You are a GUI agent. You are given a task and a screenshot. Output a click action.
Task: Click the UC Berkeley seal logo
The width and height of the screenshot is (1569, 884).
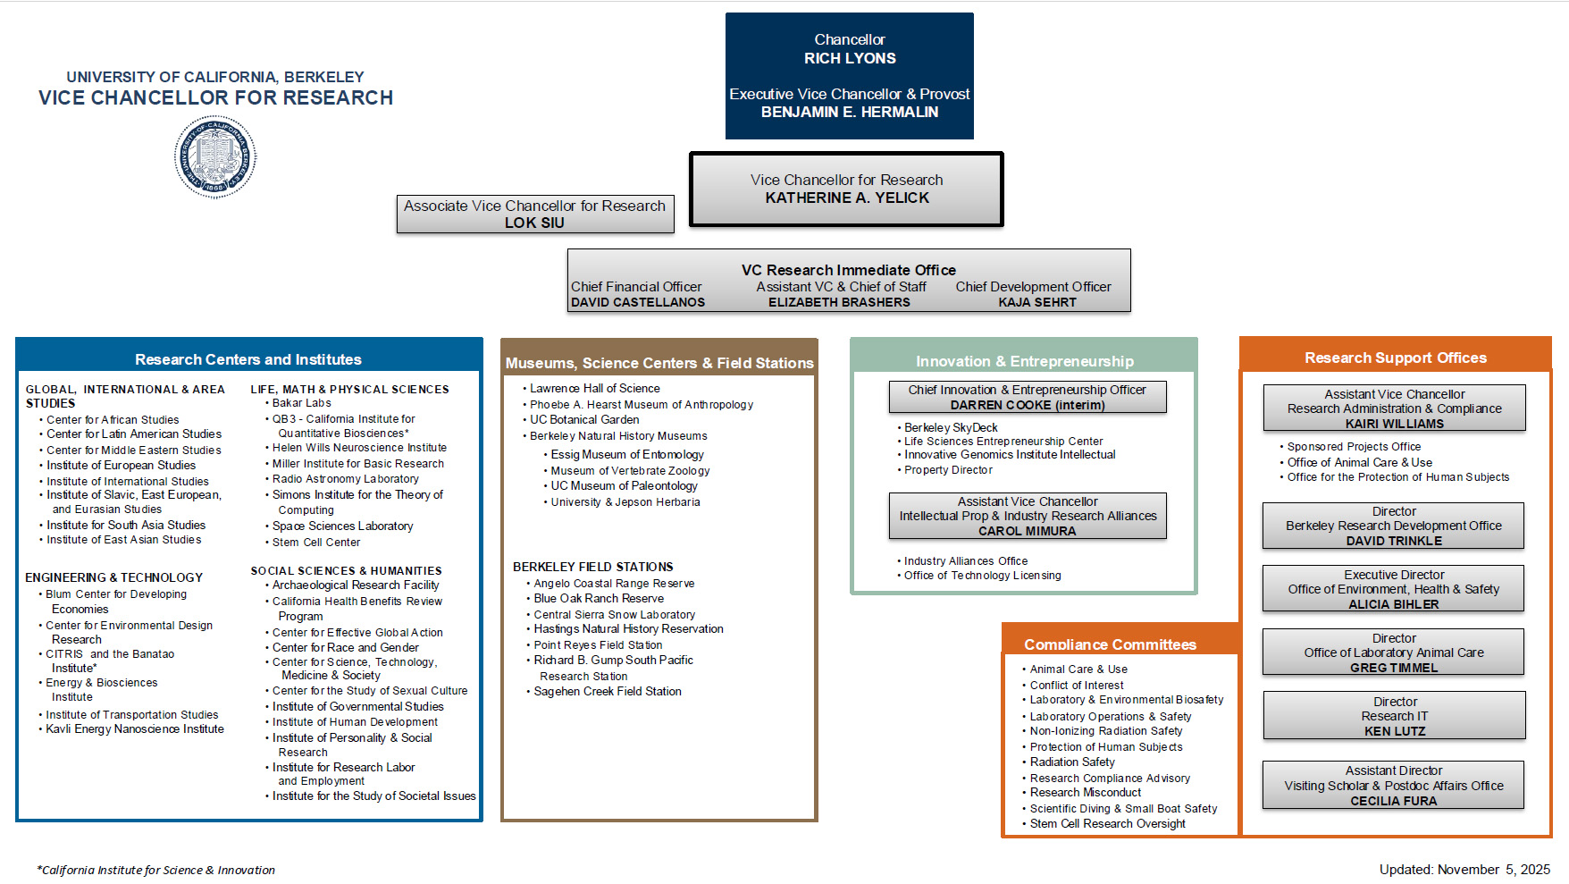pos(215,156)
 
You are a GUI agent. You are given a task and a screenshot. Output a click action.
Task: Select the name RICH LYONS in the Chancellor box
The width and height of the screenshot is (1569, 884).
pos(849,59)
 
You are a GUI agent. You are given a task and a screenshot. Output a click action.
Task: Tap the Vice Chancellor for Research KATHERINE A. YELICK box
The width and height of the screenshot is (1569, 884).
pos(846,189)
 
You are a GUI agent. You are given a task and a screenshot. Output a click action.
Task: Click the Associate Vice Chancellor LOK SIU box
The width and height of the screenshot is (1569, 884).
pos(534,215)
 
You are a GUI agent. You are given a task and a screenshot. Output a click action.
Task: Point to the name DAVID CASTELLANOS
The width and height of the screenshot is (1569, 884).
pos(638,303)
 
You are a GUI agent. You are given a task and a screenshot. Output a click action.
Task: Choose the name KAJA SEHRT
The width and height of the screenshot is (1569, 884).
pos(1036,303)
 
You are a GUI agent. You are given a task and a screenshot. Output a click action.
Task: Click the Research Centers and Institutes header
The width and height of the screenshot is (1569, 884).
pos(248,359)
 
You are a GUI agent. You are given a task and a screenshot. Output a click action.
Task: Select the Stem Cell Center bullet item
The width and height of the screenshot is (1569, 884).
pos(316,543)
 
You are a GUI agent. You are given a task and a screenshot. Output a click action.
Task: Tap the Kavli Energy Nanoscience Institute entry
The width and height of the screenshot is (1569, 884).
pos(135,729)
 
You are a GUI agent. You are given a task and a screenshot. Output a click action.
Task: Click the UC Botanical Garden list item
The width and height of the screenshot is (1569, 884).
pos(584,420)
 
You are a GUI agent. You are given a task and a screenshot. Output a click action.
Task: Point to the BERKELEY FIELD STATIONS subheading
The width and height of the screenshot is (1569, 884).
pos(592,567)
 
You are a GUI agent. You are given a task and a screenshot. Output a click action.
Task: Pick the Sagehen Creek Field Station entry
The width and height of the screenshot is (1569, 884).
pos(608,692)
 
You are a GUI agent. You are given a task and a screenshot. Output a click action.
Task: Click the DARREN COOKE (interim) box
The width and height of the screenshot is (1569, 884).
pos(1028,398)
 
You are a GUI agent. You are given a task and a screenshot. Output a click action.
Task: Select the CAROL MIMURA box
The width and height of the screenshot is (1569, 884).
pos(1028,517)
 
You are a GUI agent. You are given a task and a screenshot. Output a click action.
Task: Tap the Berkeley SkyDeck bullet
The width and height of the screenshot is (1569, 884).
pos(951,428)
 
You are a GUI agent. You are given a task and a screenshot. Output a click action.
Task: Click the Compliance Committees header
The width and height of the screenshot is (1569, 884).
pos(1110,644)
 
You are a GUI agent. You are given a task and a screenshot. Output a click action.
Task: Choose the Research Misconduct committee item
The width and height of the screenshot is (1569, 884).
pos(1086,793)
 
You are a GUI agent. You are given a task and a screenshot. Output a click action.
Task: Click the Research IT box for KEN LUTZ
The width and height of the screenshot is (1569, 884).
pos(1394,716)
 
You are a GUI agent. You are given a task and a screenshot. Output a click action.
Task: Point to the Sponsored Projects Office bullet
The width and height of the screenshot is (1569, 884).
pos(1354,447)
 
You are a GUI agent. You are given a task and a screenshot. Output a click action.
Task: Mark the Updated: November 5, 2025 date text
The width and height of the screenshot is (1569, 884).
pos(1464,870)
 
